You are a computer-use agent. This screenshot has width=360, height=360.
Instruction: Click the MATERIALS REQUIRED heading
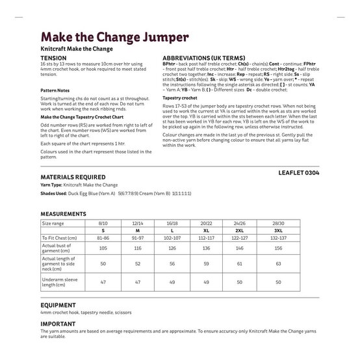point(73,176)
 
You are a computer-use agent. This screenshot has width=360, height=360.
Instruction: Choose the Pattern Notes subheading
point(57,90)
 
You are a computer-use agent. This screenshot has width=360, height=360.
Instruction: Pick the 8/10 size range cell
point(102,222)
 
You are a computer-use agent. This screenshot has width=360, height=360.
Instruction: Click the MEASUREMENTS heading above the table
point(63,213)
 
